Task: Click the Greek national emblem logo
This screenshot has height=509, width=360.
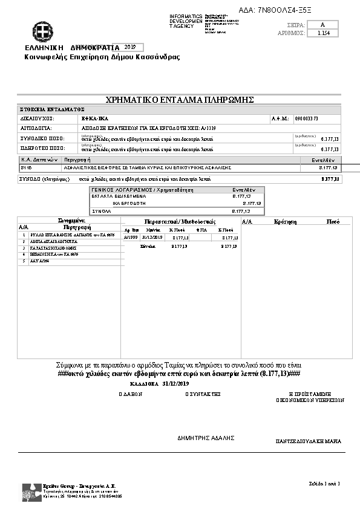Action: [x=43, y=31]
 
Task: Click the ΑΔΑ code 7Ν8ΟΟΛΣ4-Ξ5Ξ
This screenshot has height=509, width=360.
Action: [x=284, y=10]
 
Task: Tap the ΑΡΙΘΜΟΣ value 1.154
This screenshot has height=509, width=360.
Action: [x=323, y=34]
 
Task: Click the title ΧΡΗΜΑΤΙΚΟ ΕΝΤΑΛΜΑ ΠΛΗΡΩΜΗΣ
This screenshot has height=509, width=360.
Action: [x=179, y=99]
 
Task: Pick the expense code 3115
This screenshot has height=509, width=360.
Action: [x=26, y=167]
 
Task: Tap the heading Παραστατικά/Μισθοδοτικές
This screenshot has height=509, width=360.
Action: [x=180, y=222]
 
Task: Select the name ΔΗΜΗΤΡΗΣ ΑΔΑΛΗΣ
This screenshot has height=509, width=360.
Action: [x=206, y=438]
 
